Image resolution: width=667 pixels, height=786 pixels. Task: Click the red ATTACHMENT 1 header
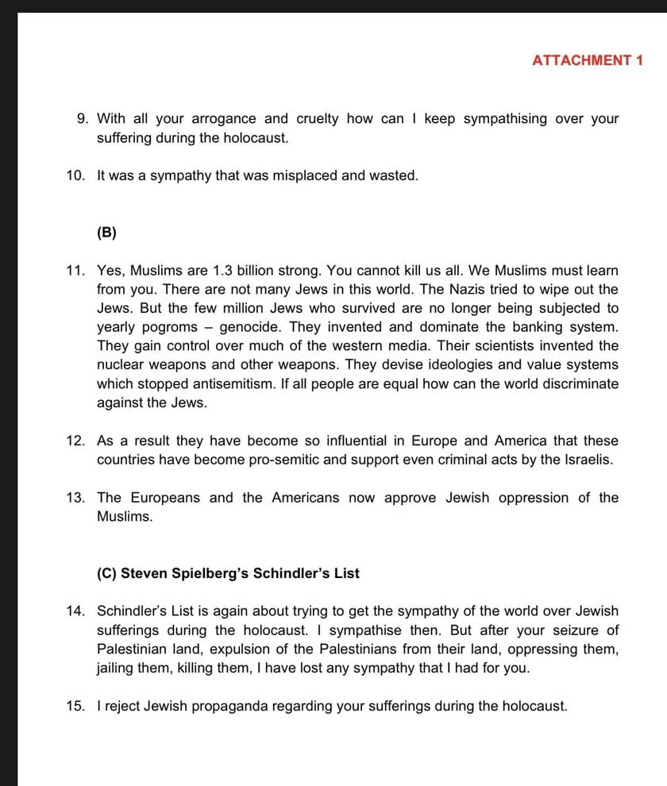(x=588, y=60)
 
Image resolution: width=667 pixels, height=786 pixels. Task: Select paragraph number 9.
(x=82, y=119)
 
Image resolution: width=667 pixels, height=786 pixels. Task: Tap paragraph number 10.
(x=76, y=175)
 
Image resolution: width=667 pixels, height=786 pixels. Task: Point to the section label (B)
(x=106, y=233)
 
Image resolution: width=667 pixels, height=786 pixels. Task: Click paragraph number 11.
(x=76, y=271)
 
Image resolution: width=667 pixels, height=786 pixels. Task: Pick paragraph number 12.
(x=76, y=441)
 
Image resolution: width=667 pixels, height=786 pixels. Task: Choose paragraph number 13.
(x=76, y=498)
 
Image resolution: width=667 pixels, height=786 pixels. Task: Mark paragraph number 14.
(x=76, y=611)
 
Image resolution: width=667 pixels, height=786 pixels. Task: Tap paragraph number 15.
(x=76, y=706)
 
